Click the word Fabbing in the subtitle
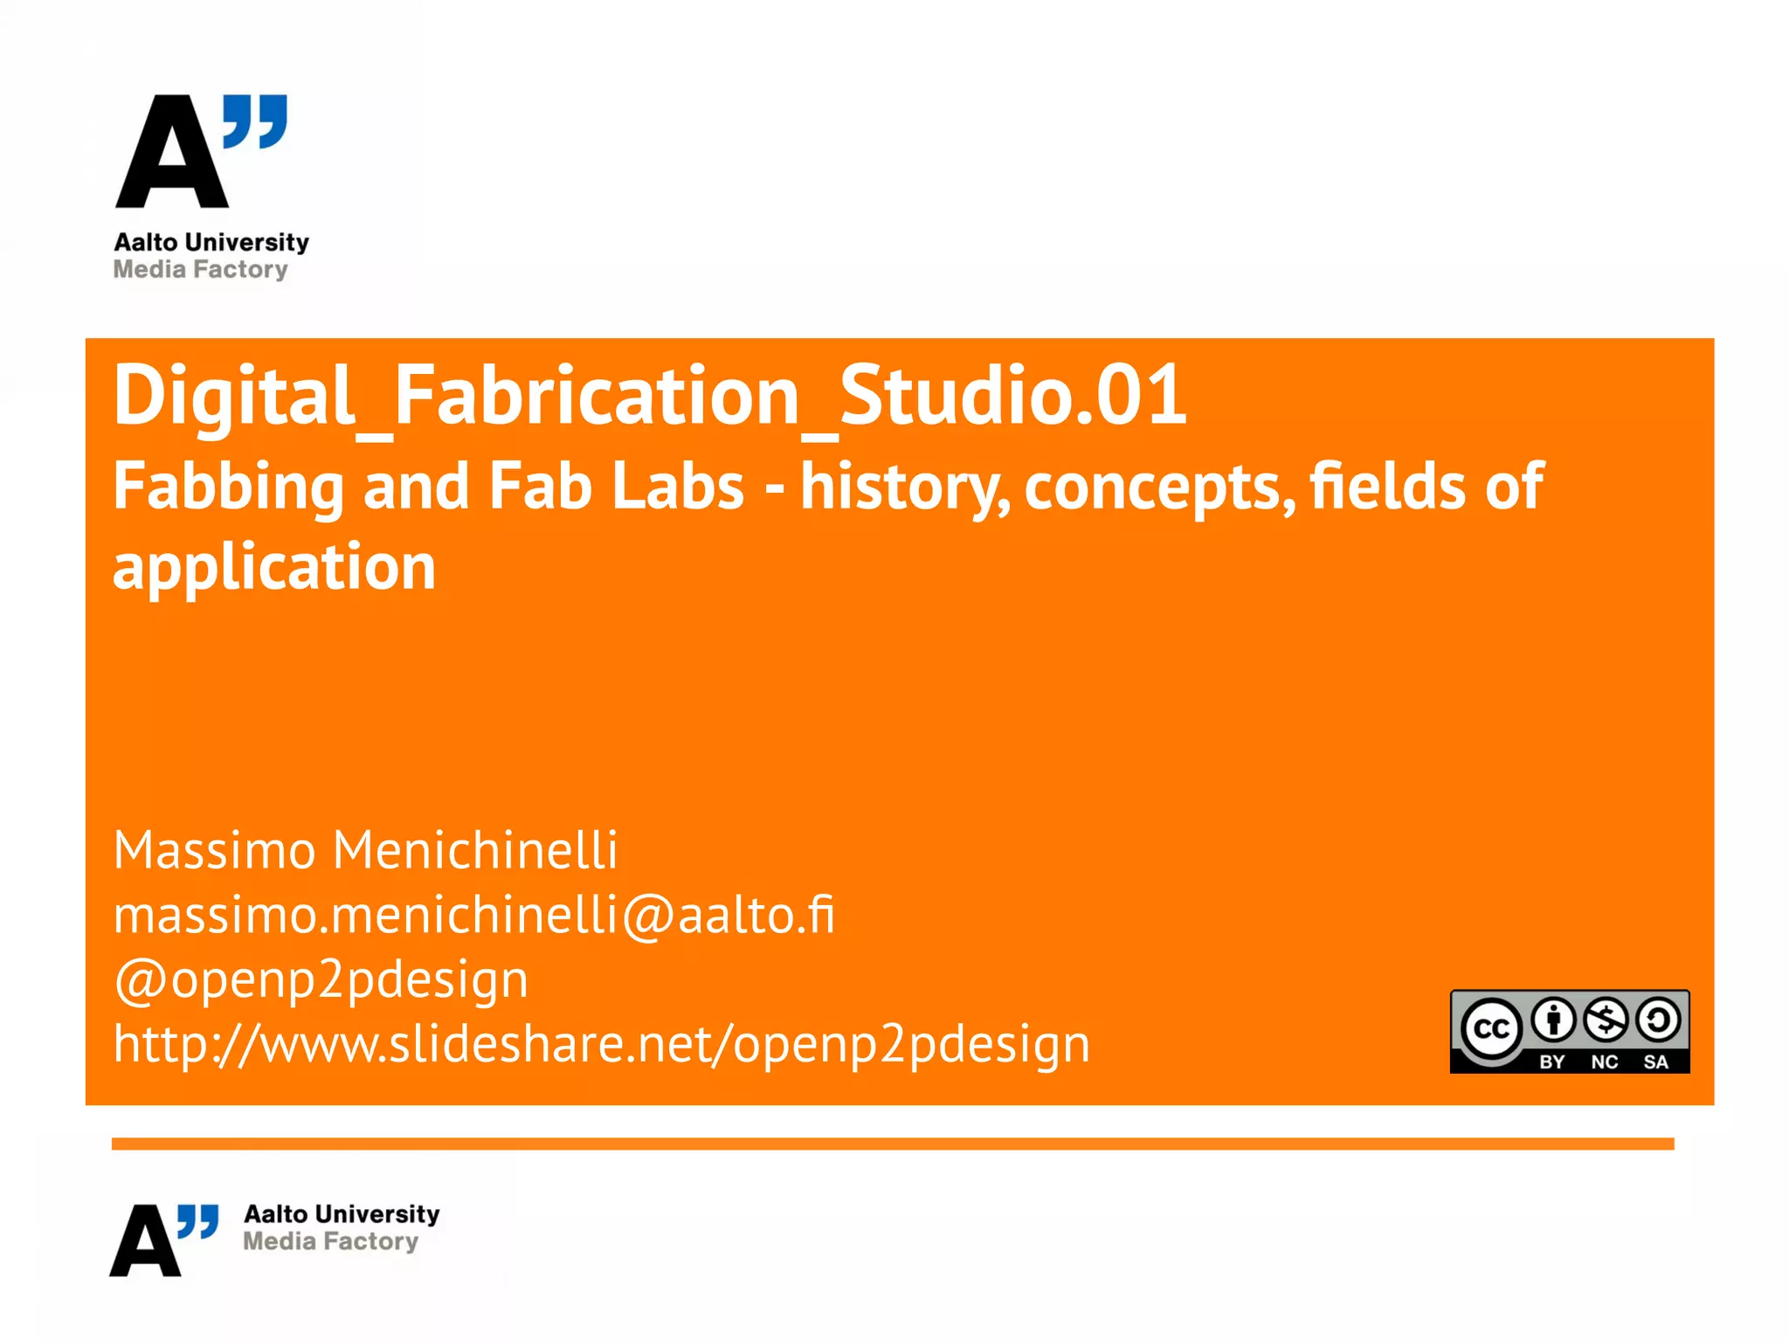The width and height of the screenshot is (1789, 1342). tap(229, 488)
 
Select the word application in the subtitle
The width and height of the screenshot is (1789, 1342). tap(274, 568)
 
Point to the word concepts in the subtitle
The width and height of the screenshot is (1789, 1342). tap(1160, 488)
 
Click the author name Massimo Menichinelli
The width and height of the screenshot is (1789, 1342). tap(365, 850)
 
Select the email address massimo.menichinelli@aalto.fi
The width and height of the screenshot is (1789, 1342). tap(473, 915)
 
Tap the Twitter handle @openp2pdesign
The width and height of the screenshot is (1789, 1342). tap(321, 979)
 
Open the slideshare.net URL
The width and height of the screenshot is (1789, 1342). tap(601, 1043)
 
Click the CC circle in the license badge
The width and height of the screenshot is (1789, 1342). tap(1491, 1029)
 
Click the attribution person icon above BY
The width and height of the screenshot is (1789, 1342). tap(1553, 1020)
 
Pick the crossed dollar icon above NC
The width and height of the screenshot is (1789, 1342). tap(1606, 1020)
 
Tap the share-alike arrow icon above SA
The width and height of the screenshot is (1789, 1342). tap(1658, 1020)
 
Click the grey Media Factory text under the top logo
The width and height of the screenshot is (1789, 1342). tap(200, 269)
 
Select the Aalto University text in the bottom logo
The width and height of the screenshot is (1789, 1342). tap(342, 1214)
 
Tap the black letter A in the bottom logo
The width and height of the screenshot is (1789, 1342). tap(145, 1242)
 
